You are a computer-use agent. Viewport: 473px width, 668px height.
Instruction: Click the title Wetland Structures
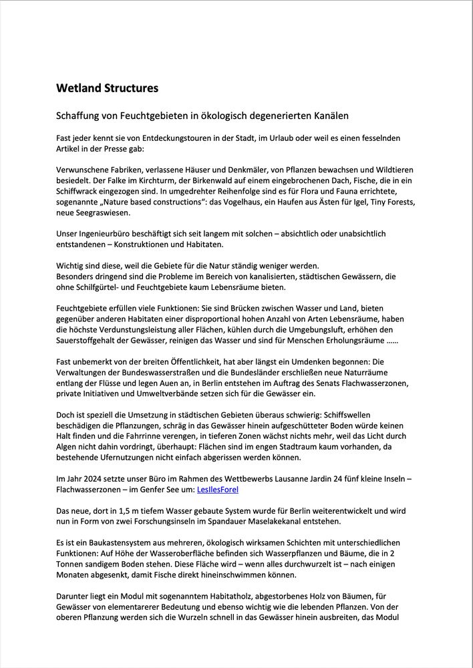(107, 88)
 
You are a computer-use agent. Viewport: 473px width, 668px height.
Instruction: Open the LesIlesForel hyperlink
(218, 490)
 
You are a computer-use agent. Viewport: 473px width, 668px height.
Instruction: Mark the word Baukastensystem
(109, 543)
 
